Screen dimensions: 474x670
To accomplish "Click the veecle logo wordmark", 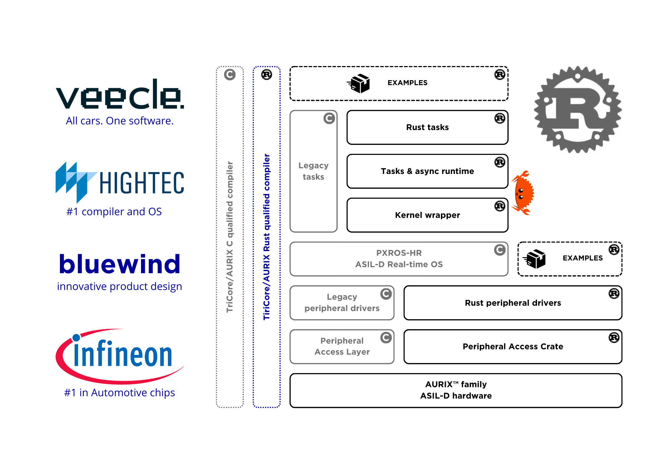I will (x=120, y=95).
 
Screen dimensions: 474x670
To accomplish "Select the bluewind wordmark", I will (x=120, y=264).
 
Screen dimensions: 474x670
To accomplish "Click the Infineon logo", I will (x=120, y=355).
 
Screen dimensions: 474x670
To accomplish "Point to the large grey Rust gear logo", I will (x=578, y=110).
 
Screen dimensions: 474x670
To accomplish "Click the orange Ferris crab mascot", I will (x=523, y=193).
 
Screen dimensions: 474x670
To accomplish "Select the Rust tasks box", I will (x=427, y=127).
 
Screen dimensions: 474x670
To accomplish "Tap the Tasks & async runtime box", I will (x=427, y=171).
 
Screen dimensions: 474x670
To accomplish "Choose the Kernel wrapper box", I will (x=427, y=215).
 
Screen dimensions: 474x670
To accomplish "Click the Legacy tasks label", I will (x=313, y=171).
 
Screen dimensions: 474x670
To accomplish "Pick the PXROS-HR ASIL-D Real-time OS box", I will (x=399, y=259).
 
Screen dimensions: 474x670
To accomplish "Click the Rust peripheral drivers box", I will (x=513, y=303).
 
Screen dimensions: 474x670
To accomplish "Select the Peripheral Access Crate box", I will (x=513, y=347).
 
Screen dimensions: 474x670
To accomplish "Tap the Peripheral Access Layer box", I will (x=342, y=347).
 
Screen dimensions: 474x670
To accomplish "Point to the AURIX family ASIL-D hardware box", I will (x=456, y=390).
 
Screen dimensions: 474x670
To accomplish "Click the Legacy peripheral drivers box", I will (x=342, y=303).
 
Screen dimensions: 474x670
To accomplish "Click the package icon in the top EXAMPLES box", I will (x=358, y=83).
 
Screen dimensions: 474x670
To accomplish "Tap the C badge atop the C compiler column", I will (x=230, y=74).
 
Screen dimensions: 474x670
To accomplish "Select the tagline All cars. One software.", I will (x=120, y=121).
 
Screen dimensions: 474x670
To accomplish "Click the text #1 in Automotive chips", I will (x=120, y=393).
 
